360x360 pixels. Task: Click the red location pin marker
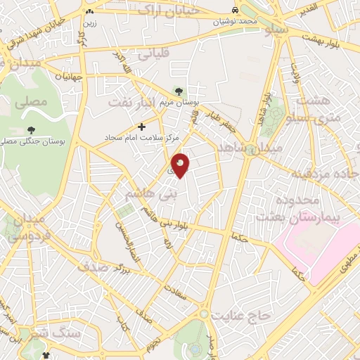pyautogui.click(x=181, y=165)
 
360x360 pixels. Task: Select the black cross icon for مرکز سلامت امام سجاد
pyautogui.click(x=142, y=127)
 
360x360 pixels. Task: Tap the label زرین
pyautogui.click(x=89, y=22)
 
